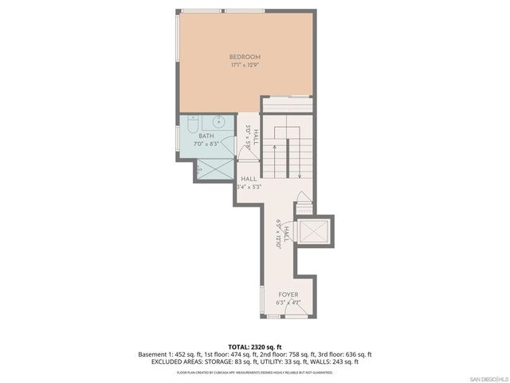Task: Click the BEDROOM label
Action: tap(245, 57)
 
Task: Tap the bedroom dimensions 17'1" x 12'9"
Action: tap(245, 66)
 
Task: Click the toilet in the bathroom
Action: tap(194, 123)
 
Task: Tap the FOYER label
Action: tap(288, 294)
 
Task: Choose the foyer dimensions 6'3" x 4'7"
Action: tap(288, 303)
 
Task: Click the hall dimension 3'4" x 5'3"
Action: tap(249, 187)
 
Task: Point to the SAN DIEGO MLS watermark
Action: tap(488, 377)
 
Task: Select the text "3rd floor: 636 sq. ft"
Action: tap(343, 354)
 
